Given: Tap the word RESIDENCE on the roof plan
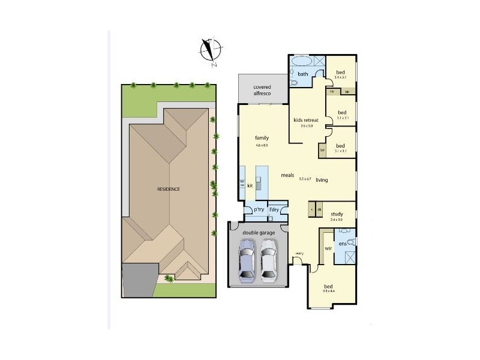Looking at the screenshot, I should pos(169,189).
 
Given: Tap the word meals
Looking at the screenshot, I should pos(287,175).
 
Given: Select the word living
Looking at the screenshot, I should pos(322,178).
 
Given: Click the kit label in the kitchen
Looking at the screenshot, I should pos(250,186).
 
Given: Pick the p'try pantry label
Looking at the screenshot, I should pos(259,209).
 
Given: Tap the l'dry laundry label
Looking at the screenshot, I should pos(274,209).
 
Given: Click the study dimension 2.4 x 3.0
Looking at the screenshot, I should pos(335,220).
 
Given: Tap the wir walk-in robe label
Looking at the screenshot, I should pos(329,247).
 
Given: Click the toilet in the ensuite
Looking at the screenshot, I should pos(354,242).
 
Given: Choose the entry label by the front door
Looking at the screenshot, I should pos(299,254).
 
